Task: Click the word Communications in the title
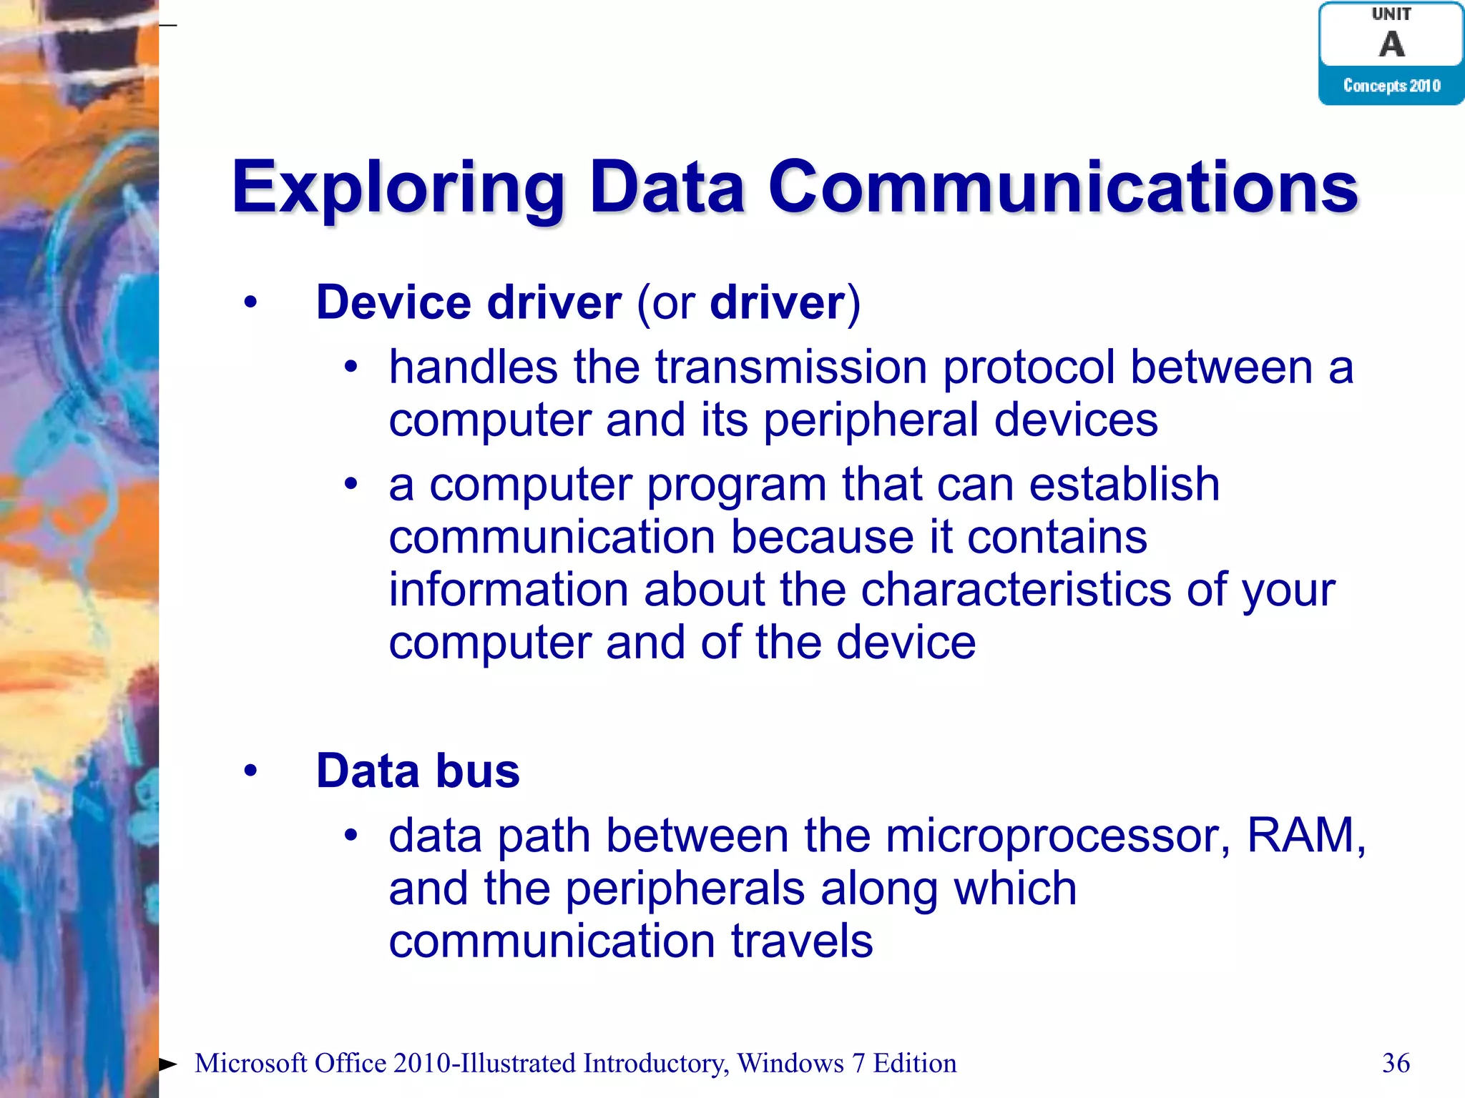coord(1063,187)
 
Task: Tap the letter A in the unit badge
coord(1391,44)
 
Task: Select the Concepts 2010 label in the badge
coord(1391,86)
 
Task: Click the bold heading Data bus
coord(418,771)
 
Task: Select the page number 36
coord(1396,1063)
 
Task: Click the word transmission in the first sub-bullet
coord(791,367)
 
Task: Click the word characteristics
coord(1016,590)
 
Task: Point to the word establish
coord(1124,485)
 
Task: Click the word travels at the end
coord(801,941)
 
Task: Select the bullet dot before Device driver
coord(250,303)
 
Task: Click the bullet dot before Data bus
coord(250,771)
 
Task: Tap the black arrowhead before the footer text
coord(167,1064)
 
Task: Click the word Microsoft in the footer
coord(251,1063)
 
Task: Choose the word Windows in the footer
coord(790,1063)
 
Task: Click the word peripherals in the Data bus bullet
coord(685,889)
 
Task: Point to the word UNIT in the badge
coord(1391,14)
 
